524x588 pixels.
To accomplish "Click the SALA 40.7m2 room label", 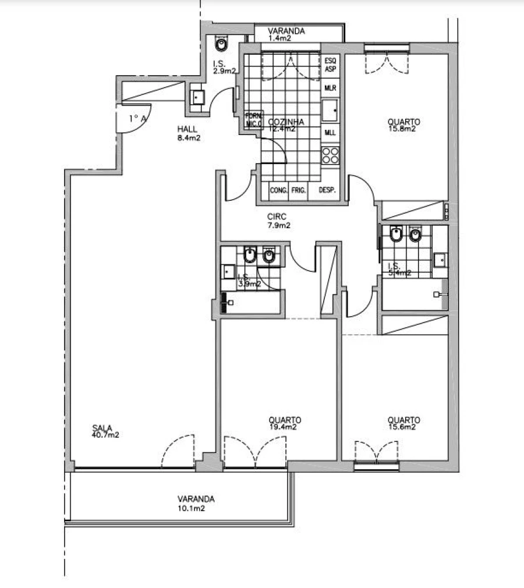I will coord(105,431).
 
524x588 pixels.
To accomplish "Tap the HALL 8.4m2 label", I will coord(189,133).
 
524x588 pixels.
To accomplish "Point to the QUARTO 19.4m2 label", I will coord(285,423).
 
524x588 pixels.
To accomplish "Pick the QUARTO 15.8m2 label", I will coord(403,125).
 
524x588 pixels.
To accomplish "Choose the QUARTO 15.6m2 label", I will coord(403,423).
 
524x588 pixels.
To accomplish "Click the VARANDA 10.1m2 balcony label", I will coord(196,503).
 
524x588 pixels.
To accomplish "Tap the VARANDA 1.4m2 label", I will coord(286,34).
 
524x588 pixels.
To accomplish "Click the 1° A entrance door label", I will coord(137,118).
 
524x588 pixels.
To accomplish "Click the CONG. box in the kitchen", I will coord(278,190).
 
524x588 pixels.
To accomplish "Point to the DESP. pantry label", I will coord(327,190).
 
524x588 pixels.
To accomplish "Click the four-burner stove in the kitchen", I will coord(331,155).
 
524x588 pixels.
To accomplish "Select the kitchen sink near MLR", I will coord(331,110).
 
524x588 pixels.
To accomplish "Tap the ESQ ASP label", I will coord(330,64).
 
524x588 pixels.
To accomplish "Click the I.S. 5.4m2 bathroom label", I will coord(399,269).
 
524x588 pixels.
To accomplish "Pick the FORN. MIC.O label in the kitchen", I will coord(254,119).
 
